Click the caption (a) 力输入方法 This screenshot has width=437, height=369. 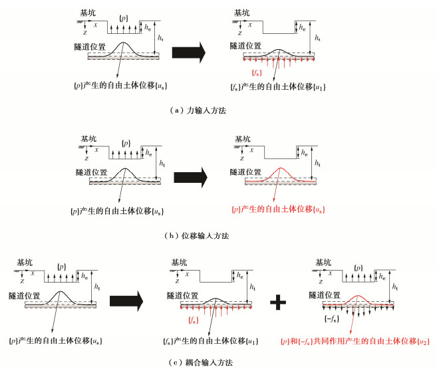coord(200,111)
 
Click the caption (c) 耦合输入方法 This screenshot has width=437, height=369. coord(200,362)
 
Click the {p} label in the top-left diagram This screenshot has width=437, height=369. coord(122,15)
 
